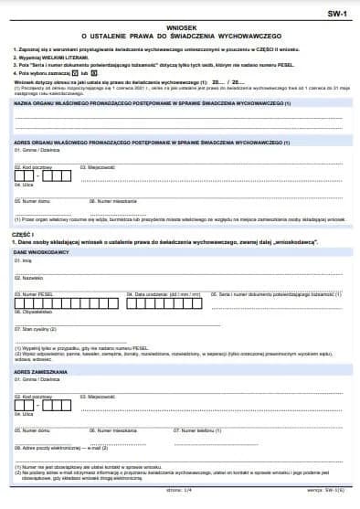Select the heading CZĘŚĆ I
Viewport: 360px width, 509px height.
[x=23, y=233]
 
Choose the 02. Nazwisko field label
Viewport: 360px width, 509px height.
[x=29, y=277]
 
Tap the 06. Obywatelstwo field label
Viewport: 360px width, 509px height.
[x=34, y=311]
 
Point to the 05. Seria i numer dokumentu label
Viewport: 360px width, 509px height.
[x=279, y=294]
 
